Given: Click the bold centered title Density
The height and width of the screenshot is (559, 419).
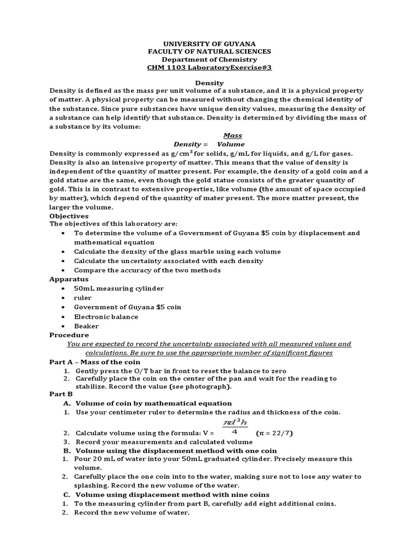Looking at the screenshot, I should click(210, 82).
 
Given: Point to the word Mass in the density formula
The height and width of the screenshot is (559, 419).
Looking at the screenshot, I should click(233, 135).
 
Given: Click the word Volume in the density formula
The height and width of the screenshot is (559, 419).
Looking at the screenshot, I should click(231, 144).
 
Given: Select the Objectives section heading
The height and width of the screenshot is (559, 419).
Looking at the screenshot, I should click(69, 216).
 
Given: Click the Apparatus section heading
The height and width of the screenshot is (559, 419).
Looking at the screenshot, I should click(69, 278).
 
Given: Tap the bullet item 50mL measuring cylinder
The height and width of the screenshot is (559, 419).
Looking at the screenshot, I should click(119, 288).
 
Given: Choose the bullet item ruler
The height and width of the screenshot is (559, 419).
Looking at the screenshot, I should click(83, 298).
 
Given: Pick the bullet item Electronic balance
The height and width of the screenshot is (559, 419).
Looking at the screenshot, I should click(106, 317).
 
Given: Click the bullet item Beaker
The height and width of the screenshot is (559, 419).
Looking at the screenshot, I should click(87, 326).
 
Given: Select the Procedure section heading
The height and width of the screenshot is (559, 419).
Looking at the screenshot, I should click(69, 335).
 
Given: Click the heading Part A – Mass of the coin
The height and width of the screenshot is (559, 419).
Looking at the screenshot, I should click(94, 361).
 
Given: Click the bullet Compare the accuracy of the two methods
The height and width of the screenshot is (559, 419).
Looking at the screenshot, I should click(147, 270).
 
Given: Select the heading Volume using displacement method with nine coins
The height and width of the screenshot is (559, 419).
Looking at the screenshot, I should click(176, 495).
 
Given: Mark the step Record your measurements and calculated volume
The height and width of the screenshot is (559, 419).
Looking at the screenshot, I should click(164, 442).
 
